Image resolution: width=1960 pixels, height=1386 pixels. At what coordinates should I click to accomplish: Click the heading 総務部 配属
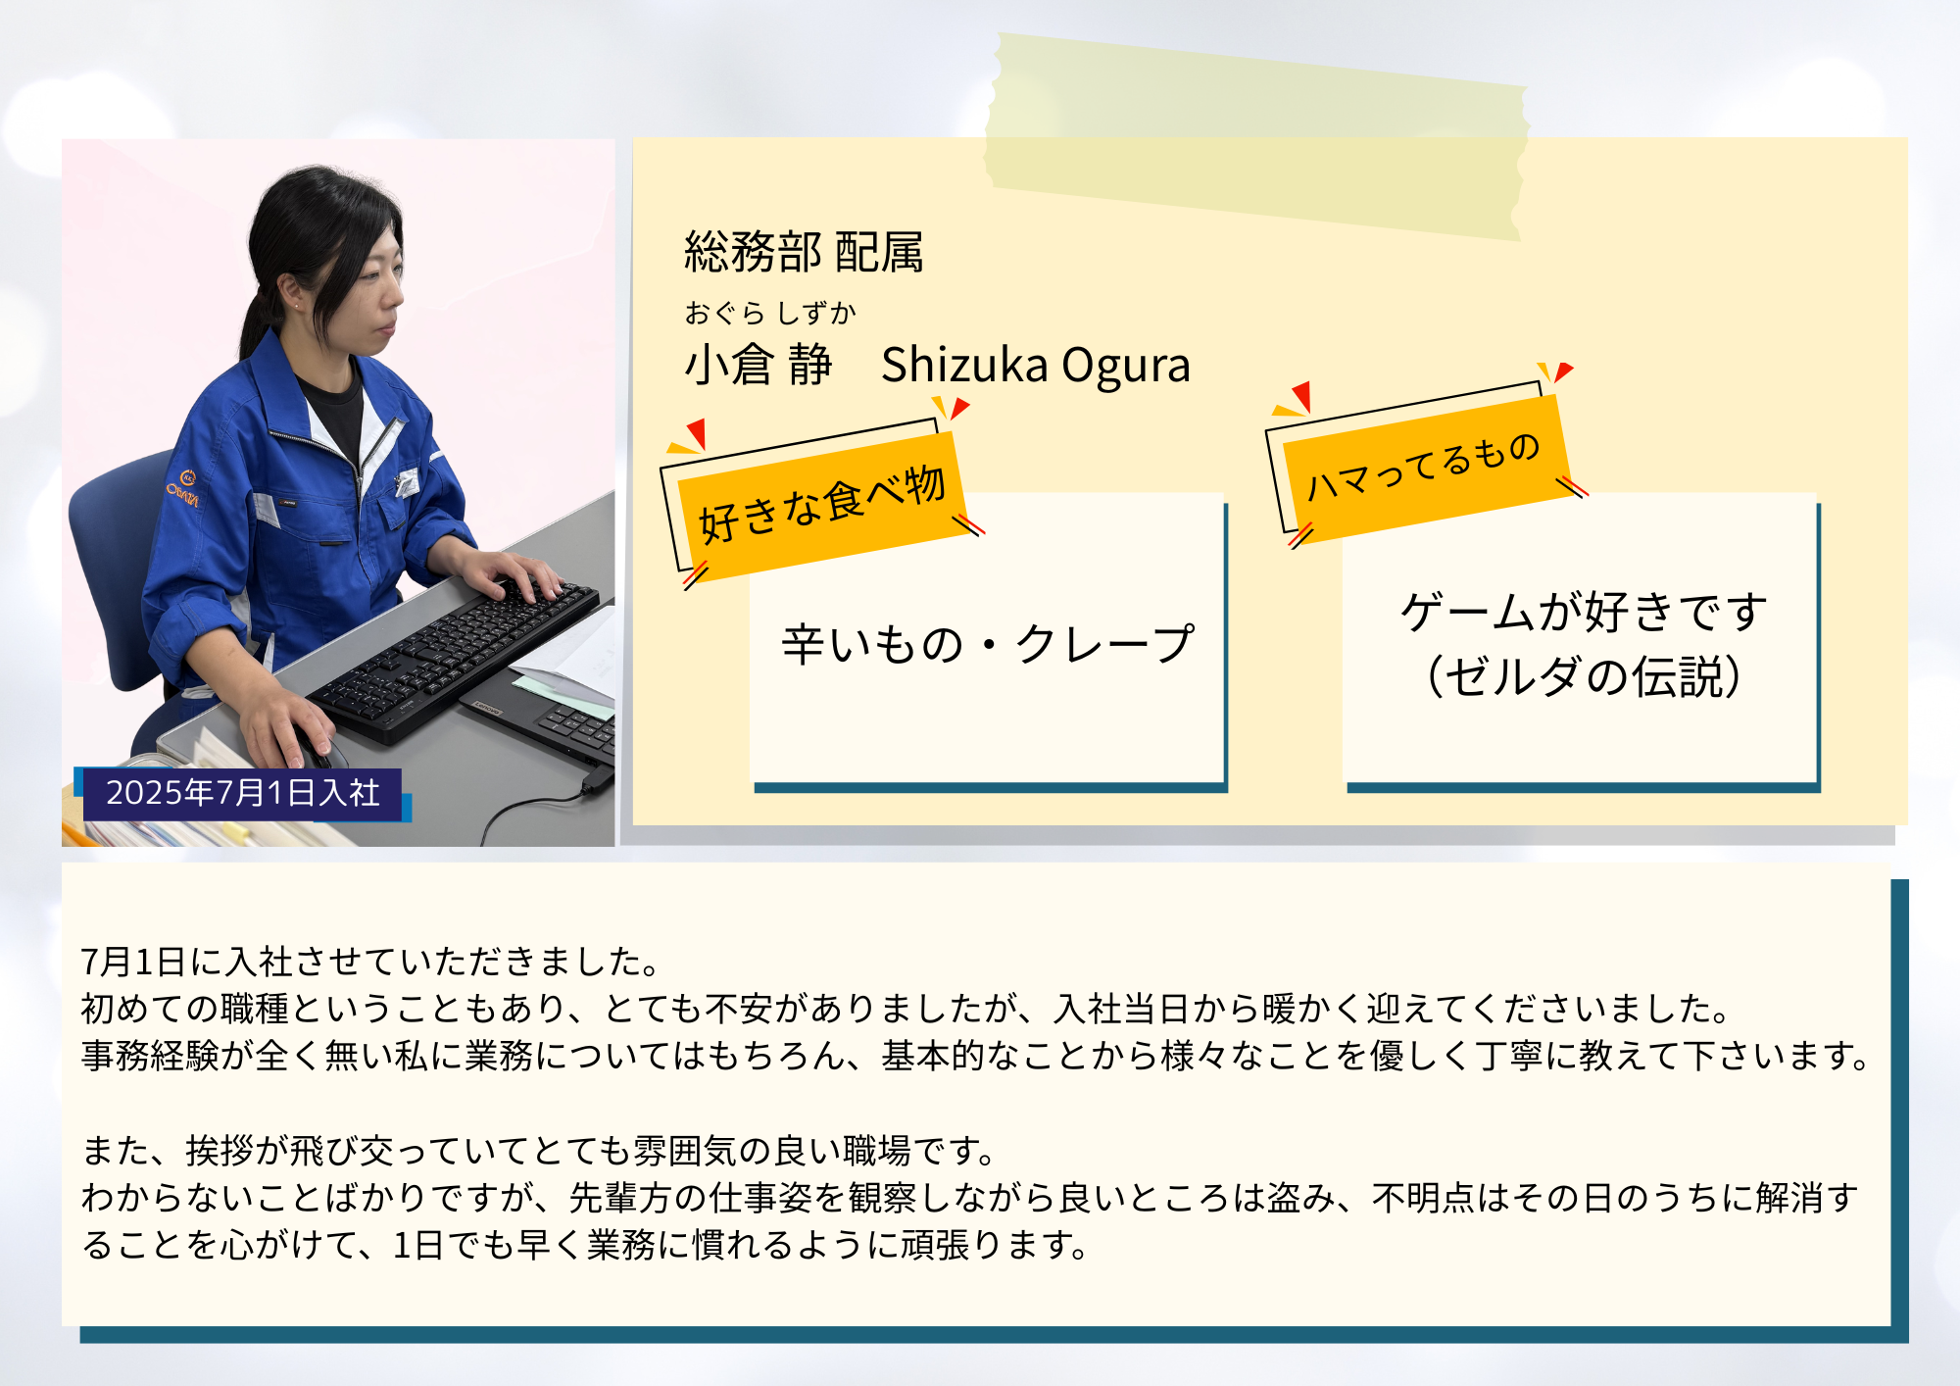pos(804,252)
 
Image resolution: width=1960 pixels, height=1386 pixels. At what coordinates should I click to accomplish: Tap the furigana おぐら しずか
pos(770,313)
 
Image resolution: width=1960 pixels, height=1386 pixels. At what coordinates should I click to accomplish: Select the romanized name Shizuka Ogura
pos(1036,366)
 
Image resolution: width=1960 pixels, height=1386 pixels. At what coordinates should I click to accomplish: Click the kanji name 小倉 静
pos(758,365)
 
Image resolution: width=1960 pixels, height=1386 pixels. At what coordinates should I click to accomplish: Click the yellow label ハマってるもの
pos(1423,466)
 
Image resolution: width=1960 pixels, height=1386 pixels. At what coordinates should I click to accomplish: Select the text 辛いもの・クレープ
pos(988,644)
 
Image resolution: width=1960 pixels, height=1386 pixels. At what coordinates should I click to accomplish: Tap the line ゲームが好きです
pos(1584,612)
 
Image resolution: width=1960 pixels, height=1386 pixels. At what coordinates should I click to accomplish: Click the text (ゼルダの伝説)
pos(1584,676)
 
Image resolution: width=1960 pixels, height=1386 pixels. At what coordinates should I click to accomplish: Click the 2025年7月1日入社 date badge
pos(242,793)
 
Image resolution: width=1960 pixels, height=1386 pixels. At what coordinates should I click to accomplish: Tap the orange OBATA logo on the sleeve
pos(183,488)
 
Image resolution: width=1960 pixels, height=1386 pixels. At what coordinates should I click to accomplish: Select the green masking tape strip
pos(1257,136)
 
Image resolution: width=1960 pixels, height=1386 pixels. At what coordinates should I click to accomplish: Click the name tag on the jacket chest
pos(406,481)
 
